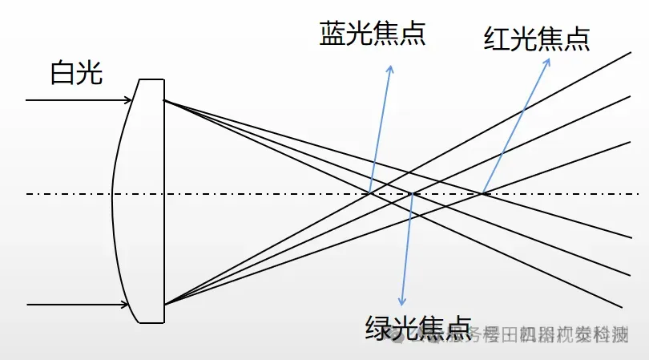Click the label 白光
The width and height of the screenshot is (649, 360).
click(x=76, y=75)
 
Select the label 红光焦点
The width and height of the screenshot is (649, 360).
click(x=537, y=38)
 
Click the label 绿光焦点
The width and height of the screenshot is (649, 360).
click(x=417, y=327)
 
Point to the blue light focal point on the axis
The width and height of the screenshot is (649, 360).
click(x=370, y=192)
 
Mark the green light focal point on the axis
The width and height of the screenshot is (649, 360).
click(x=412, y=193)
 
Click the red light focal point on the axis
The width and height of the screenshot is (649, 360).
click(x=484, y=192)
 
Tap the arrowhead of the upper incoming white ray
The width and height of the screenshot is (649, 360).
click(x=129, y=100)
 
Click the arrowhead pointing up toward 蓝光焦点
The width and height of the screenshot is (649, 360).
click(x=390, y=67)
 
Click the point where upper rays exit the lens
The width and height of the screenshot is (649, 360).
click(x=164, y=101)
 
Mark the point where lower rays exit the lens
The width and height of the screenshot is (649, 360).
click(x=164, y=304)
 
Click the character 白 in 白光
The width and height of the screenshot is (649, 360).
click(x=62, y=75)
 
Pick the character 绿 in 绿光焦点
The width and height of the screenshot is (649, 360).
click(x=378, y=327)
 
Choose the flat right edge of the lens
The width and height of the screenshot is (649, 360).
click(x=164, y=200)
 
